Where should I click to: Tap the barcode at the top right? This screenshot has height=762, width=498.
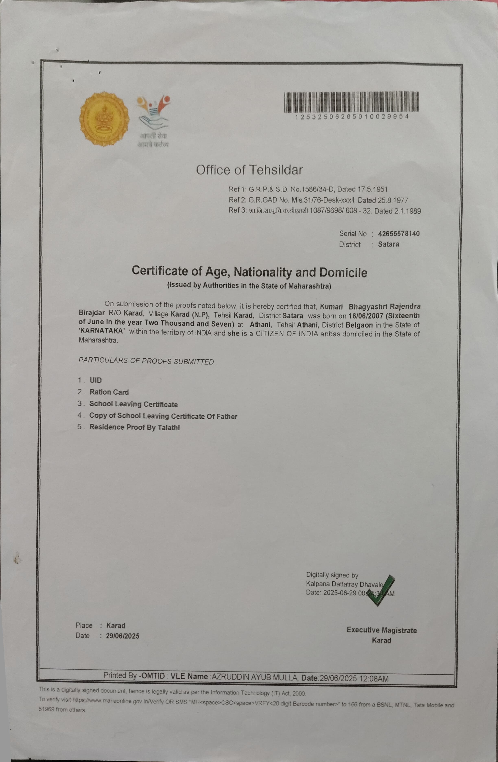(x=352, y=102)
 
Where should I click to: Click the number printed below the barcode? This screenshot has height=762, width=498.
(x=352, y=116)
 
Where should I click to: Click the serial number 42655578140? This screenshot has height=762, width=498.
(x=399, y=233)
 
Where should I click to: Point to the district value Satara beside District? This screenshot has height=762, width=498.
(x=388, y=244)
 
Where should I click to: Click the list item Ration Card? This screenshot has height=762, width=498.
(x=109, y=392)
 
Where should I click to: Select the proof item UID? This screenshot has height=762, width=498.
(x=95, y=380)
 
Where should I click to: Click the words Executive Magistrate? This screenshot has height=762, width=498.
(x=381, y=630)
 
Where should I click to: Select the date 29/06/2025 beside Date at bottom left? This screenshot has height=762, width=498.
(x=122, y=636)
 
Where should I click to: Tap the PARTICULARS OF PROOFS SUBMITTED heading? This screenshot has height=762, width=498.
(x=146, y=361)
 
